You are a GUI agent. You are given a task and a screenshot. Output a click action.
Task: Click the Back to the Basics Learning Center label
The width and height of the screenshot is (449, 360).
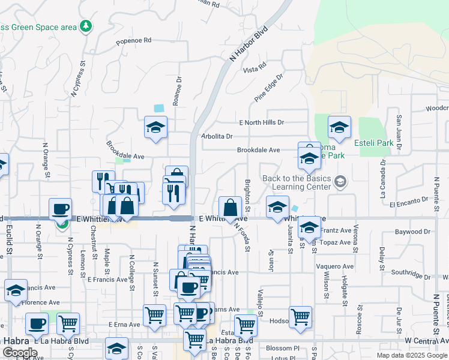tap(297, 182)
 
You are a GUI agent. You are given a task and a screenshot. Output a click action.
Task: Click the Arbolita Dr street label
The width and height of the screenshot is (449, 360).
tap(217, 136)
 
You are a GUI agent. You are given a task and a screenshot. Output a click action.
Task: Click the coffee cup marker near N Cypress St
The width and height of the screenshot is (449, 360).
tap(60, 208)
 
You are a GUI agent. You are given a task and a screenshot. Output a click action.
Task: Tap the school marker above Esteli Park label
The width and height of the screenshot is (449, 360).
tap(339, 127)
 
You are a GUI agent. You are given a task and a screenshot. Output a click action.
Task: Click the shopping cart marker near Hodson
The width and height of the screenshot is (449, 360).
tap(300, 316)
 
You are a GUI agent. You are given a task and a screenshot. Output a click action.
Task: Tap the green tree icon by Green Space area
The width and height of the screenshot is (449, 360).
tap(87, 26)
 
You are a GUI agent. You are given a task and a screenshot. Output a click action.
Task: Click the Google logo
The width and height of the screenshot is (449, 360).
tap(19, 353)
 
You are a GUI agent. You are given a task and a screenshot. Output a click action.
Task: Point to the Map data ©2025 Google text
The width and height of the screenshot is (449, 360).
tap(411, 355)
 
